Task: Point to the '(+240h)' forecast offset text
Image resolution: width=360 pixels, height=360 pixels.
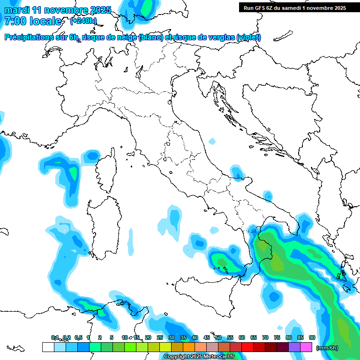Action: click(x=83, y=21)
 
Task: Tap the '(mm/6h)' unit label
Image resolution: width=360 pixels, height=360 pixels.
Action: click(x=327, y=347)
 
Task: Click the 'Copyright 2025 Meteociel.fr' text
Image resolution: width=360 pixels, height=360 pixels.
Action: click(x=199, y=356)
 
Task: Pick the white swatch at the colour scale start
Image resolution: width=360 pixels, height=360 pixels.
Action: click(x=48, y=347)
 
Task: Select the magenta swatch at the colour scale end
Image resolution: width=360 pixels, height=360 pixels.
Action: click(x=306, y=347)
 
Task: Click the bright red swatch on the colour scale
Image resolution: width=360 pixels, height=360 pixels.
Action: click(x=247, y=347)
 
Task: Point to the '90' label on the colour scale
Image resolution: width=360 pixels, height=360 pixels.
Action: click(x=312, y=337)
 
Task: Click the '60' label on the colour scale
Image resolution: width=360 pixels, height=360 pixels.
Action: click(x=242, y=337)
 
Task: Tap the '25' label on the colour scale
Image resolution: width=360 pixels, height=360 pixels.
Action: click(x=160, y=337)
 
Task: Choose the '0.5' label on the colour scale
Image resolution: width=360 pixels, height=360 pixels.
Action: click(x=78, y=337)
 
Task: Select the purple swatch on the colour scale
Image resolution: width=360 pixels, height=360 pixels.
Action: click(x=294, y=347)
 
